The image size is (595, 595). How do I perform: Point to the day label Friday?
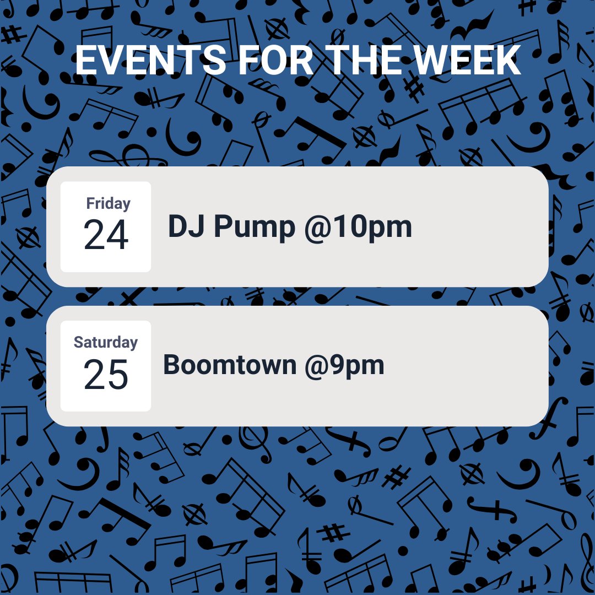point(108,203)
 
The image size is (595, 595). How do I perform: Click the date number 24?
point(106,236)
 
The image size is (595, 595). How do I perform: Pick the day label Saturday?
point(106,342)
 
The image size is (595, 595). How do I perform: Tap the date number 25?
point(106,375)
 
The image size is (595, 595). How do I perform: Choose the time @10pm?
point(358,227)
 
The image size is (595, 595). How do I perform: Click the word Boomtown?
point(230,365)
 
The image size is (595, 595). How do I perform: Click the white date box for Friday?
point(106,226)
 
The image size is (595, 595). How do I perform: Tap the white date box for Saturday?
point(106,366)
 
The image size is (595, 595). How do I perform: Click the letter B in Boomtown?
point(172,365)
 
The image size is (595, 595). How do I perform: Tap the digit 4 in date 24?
point(117,236)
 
